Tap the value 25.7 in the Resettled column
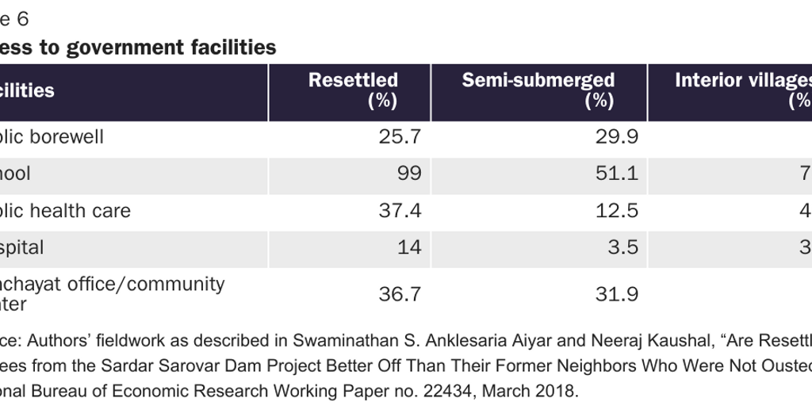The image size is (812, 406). (400, 137)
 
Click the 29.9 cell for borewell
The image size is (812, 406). (617, 137)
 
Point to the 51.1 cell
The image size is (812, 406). (617, 174)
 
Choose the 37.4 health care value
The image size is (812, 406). (400, 211)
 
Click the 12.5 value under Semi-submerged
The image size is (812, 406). (617, 211)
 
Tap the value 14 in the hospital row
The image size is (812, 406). (410, 247)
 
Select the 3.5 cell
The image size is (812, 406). (622, 247)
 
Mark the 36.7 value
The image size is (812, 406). (400, 294)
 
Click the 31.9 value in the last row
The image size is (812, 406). (617, 294)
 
